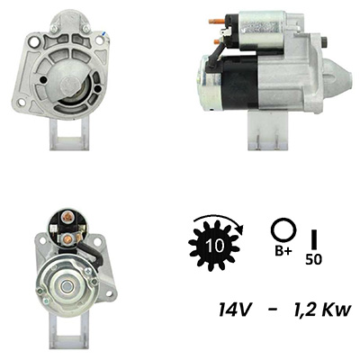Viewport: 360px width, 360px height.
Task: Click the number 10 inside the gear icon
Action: point(215,246)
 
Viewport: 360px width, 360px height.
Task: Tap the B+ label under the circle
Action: point(283,251)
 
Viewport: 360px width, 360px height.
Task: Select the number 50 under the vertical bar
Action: point(313,259)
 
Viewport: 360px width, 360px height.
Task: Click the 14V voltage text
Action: point(234,310)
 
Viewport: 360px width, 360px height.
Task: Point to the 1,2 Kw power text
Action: point(320,310)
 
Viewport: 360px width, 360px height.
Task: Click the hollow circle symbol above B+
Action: point(283,230)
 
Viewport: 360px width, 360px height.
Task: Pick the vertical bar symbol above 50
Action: point(314,239)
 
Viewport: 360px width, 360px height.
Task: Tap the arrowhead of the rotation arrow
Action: point(239,230)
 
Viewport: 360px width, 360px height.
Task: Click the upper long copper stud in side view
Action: point(216,21)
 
